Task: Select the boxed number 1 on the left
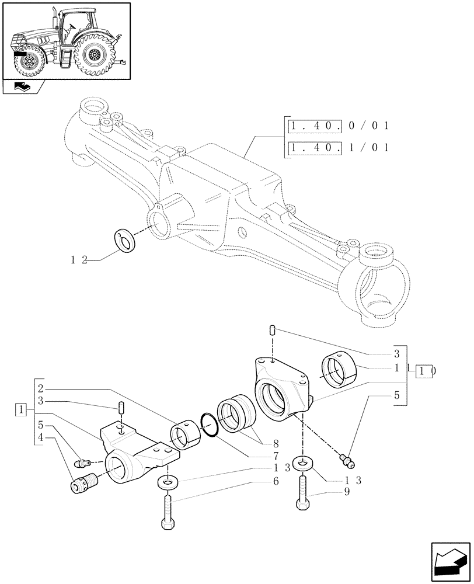tap(21, 409)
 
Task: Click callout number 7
tap(274, 455)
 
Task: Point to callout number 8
tap(274, 442)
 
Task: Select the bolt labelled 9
tap(303, 495)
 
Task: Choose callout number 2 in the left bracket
tap(40, 388)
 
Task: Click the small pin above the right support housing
tap(272, 331)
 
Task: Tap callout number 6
tap(274, 481)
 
